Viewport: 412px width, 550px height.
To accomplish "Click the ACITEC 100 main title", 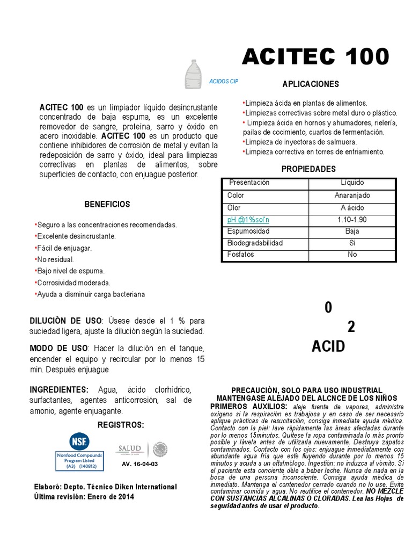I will tap(315, 57).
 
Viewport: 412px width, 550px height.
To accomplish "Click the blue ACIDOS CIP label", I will tap(223, 82).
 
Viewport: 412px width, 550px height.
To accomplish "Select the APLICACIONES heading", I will tap(311, 84).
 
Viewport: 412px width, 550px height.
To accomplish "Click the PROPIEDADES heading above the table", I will tap(308, 169).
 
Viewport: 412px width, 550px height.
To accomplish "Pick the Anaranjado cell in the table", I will tap(352, 196).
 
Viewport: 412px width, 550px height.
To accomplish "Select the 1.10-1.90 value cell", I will tap(352, 220).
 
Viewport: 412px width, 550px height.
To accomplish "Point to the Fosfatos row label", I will tap(240, 255).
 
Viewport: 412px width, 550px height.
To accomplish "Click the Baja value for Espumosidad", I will tap(352, 231).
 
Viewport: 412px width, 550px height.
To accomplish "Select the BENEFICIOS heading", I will tap(107, 205).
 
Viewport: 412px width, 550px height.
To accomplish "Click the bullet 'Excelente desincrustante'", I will tap(76, 236).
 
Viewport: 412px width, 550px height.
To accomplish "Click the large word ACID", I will tap(328, 346).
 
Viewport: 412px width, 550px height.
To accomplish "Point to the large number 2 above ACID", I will tap(351, 327).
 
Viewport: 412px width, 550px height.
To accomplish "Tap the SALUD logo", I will tap(129, 448).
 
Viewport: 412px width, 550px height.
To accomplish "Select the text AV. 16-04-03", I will tap(140, 464).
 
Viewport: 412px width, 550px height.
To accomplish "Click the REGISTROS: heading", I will tap(121, 425).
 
